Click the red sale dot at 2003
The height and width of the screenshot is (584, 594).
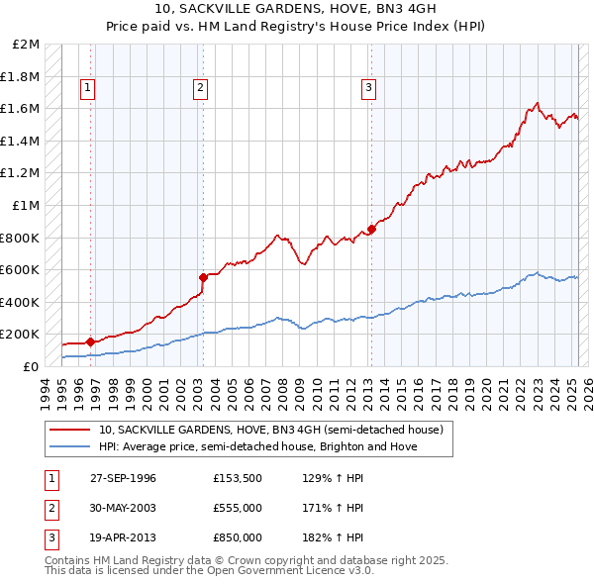pos(203,277)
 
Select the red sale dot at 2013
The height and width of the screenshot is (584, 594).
pos(371,230)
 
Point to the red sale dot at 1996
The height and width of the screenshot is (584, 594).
pos(91,341)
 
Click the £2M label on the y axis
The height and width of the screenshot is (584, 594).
pos(27,45)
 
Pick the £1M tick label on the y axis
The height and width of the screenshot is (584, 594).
pos(27,205)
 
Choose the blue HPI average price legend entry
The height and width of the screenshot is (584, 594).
pos(257,446)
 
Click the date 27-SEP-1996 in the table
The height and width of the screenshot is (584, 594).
pos(123,478)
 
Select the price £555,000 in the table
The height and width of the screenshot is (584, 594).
pos(238,508)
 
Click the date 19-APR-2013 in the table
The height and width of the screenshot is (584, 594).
pos(123,537)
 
